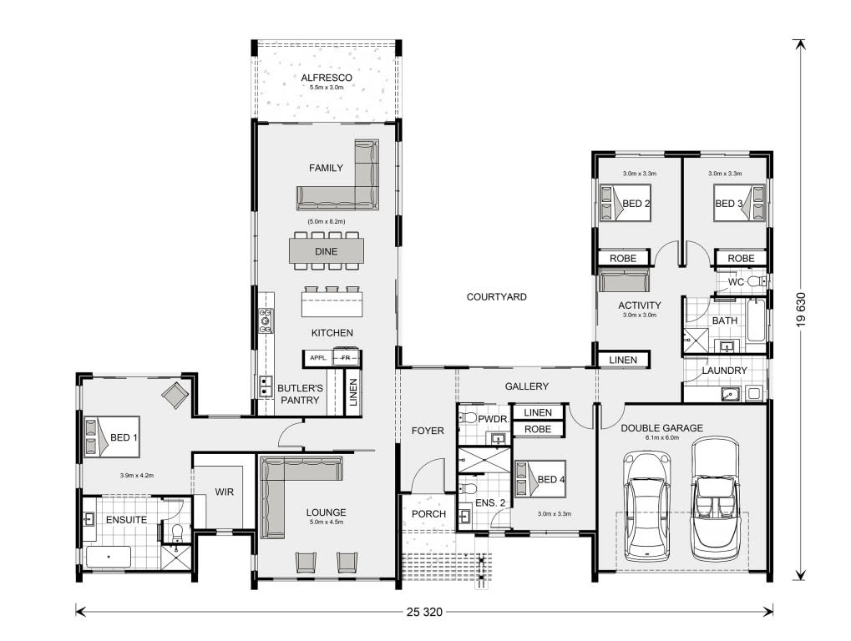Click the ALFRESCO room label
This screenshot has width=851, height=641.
tap(327, 78)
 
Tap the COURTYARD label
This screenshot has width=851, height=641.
tap(497, 296)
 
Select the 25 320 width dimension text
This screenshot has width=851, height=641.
tap(424, 613)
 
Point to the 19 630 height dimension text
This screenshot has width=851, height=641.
tap(802, 309)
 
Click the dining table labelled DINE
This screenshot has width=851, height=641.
tap(327, 251)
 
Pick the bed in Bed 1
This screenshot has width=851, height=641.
tap(112, 437)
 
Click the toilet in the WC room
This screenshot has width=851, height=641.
tap(756, 281)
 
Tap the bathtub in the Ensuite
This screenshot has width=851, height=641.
tap(109, 557)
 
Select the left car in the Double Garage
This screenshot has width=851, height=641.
tap(647, 506)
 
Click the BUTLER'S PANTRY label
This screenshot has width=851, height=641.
tap(300, 394)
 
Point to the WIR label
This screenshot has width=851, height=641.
tap(224, 492)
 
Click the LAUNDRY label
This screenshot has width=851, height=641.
tap(725, 371)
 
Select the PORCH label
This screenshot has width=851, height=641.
tap(428, 513)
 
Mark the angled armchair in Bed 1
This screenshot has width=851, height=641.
tap(175, 395)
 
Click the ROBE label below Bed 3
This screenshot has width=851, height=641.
tap(741, 259)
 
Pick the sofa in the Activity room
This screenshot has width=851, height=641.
tap(623, 280)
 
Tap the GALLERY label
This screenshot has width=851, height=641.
tap(526, 386)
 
